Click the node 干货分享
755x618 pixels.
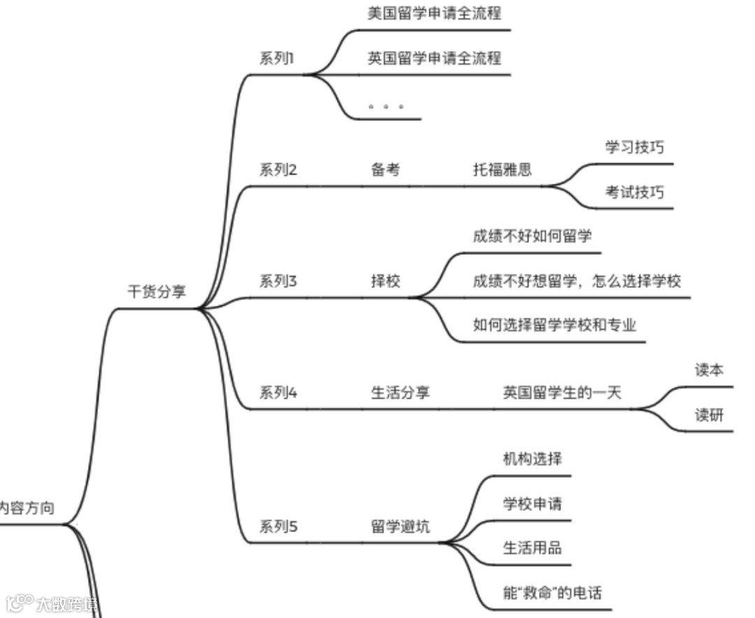(157, 292)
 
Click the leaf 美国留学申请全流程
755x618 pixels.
(434, 13)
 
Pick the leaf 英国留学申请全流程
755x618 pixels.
(434, 58)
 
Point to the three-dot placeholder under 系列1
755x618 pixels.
(386, 107)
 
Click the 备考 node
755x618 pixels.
(385, 169)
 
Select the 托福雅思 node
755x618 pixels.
(502, 169)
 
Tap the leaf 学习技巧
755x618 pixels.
(635, 147)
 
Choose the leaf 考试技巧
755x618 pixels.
(635, 192)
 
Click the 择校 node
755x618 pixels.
(385, 281)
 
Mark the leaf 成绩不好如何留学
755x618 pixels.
(532, 236)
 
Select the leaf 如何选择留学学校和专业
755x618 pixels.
(554, 325)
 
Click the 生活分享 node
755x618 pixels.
(400, 392)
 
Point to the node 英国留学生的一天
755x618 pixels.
(562, 392)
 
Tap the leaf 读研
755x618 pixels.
(709, 415)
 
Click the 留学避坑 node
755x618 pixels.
(400, 527)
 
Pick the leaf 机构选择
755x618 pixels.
(532, 459)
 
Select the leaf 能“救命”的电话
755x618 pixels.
(552, 594)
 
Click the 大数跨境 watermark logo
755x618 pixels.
(52, 603)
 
